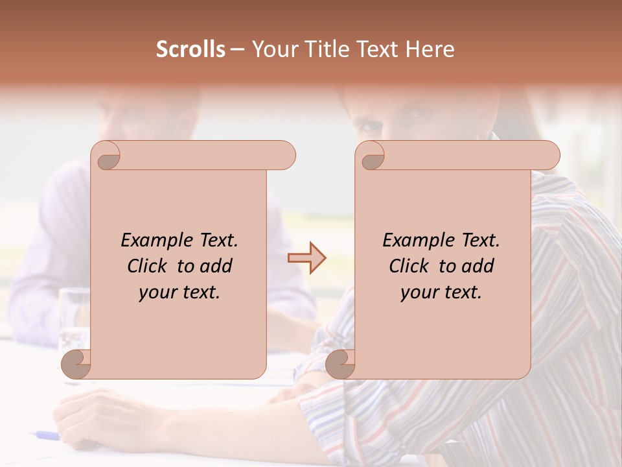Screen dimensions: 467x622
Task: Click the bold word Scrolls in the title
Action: point(190,49)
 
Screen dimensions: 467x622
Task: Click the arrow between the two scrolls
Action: point(307,258)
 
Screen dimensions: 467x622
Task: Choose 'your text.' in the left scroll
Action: point(179,292)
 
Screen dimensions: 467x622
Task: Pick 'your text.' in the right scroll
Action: point(441,292)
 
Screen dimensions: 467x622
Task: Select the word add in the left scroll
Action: point(216,266)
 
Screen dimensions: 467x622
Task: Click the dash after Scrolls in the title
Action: point(237,49)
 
